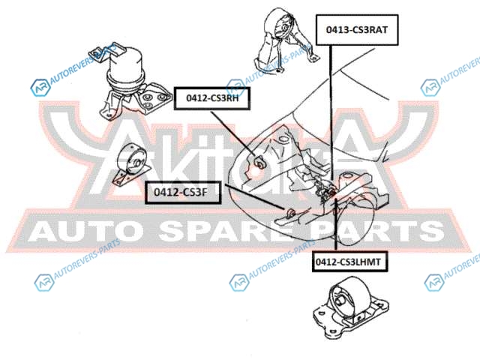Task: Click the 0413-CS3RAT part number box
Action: (357, 30)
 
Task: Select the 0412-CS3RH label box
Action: (212, 98)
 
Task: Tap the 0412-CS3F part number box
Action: (183, 192)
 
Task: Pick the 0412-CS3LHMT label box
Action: (349, 262)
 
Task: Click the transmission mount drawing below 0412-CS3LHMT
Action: (350, 307)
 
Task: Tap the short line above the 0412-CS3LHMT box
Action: (336, 225)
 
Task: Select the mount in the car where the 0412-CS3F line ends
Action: (291, 212)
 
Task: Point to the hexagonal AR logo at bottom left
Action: (44, 283)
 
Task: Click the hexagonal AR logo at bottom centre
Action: (239, 282)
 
